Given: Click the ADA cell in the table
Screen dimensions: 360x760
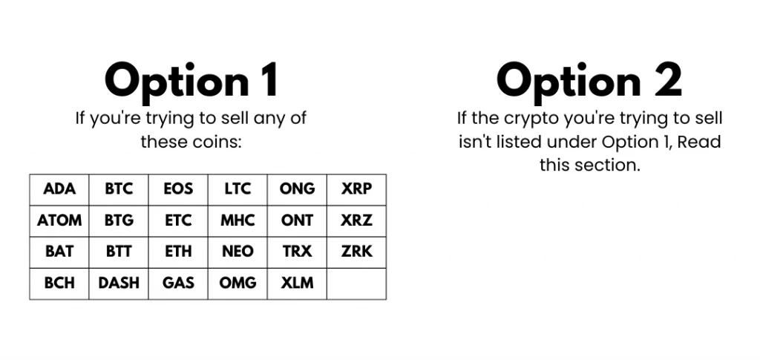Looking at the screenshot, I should (x=59, y=189).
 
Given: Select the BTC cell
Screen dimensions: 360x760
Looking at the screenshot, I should (x=119, y=189).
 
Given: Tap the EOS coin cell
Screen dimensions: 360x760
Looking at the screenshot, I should (x=178, y=189).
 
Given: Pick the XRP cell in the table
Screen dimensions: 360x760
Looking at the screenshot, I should (x=356, y=189).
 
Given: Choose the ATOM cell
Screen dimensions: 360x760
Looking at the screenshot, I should (x=59, y=220).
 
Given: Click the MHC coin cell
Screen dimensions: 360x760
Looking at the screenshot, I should (x=237, y=220).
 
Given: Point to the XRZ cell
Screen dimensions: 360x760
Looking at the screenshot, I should (x=356, y=220).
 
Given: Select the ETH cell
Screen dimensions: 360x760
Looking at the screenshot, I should (x=178, y=252).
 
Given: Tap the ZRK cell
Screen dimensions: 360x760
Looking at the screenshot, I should (x=356, y=252).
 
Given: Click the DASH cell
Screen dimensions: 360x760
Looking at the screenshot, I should (x=119, y=283).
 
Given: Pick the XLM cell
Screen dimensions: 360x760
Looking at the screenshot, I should (x=297, y=283).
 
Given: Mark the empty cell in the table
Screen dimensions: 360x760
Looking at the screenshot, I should (x=356, y=283).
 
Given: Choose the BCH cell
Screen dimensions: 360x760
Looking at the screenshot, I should (x=59, y=283).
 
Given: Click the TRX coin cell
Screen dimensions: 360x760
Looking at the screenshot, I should (x=297, y=252).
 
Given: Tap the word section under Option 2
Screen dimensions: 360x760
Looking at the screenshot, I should (x=609, y=165).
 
